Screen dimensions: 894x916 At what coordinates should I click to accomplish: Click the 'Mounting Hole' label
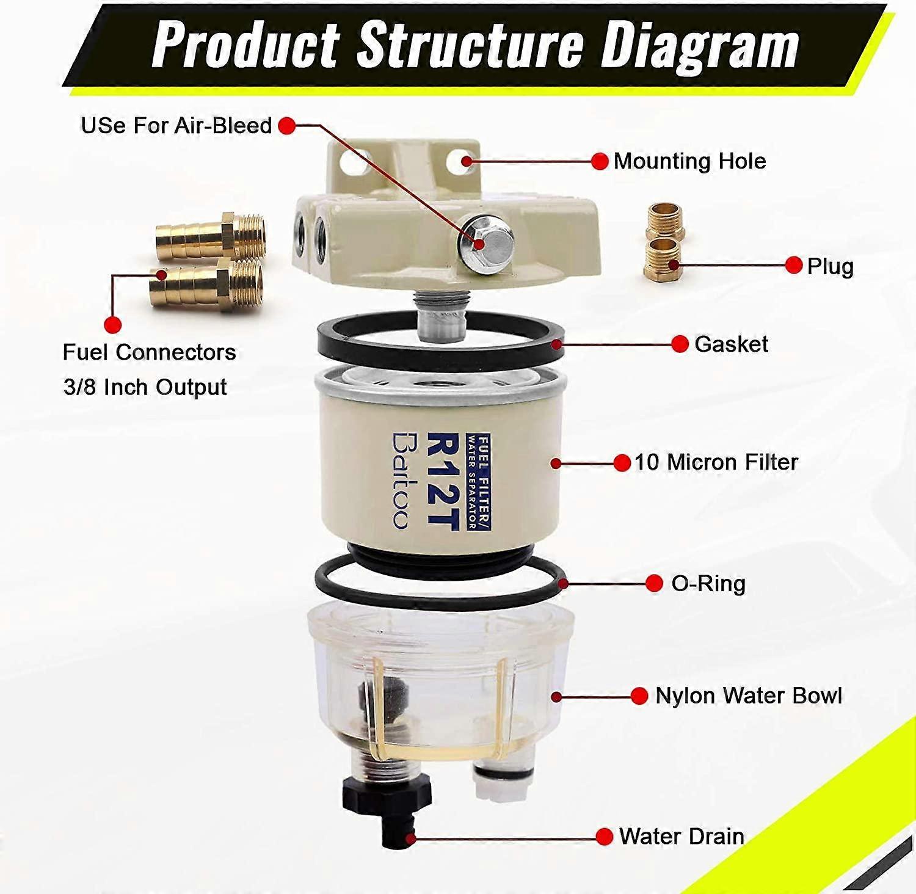click(689, 161)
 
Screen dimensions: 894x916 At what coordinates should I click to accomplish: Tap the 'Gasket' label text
click(731, 344)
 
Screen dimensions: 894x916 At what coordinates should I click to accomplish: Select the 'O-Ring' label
click(708, 584)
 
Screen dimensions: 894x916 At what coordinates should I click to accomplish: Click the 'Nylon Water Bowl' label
click(749, 696)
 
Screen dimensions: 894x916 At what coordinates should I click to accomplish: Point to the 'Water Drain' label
click(682, 836)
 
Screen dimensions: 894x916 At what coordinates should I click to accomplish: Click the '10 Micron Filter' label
click(716, 462)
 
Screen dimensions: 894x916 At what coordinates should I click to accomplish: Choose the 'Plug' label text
click(830, 266)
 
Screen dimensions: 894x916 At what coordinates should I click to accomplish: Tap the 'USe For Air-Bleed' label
click(176, 126)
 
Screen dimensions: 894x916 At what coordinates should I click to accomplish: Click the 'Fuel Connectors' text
click(150, 352)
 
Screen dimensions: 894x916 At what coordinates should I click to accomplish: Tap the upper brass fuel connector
click(211, 235)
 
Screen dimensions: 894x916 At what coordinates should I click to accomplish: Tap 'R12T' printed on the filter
click(442, 481)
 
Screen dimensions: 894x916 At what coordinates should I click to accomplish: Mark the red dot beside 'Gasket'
click(680, 344)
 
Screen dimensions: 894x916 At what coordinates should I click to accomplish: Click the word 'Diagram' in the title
click(700, 45)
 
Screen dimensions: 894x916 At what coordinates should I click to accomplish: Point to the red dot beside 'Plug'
click(793, 265)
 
